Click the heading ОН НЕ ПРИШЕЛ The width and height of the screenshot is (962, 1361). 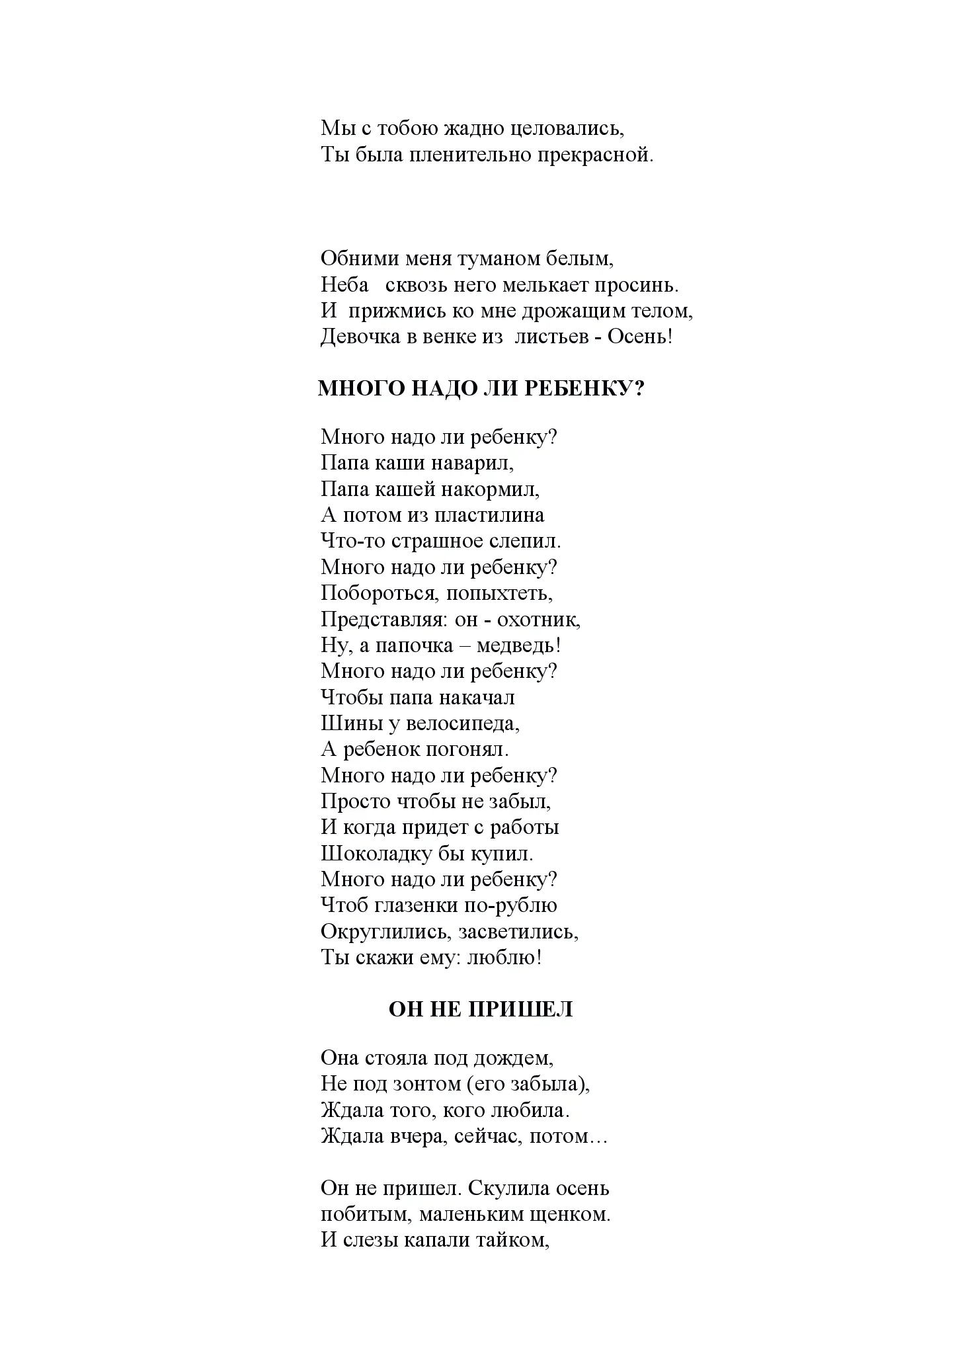pyautogui.click(x=481, y=1010)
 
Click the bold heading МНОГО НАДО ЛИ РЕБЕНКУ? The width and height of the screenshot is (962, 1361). pyautogui.click(x=481, y=388)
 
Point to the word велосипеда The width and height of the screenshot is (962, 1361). pyautogui.click(x=463, y=724)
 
